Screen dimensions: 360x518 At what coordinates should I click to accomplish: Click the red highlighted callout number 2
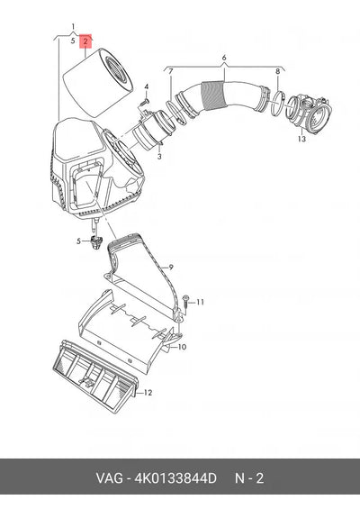[x=85, y=41]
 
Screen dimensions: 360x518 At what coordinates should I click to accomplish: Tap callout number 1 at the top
[x=73, y=27]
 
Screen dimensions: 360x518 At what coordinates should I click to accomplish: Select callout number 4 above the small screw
[x=146, y=86]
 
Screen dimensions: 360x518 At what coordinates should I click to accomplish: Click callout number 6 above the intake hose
[x=224, y=58]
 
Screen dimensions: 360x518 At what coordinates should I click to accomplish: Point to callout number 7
[x=171, y=71]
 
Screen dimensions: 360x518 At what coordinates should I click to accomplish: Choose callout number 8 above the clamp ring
[x=277, y=71]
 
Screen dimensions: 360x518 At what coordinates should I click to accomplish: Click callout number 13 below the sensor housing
[x=301, y=139]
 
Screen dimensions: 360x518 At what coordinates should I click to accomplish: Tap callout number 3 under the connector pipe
[x=159, y=156]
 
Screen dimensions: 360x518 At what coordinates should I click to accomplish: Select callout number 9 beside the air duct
[x=171, y=268]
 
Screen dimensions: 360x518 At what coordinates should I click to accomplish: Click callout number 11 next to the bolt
[x=200, y=302]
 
